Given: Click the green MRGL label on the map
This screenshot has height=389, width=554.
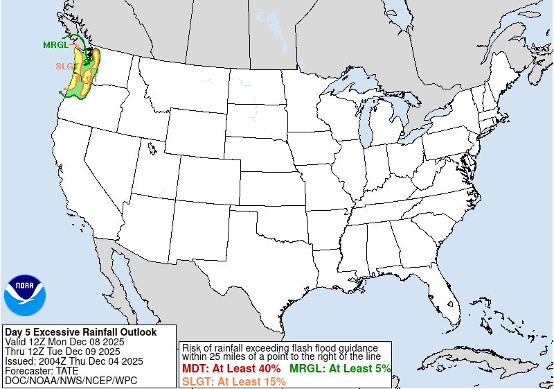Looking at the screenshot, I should [x=55, y=45].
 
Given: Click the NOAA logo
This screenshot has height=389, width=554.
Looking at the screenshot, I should [x=24, y=295].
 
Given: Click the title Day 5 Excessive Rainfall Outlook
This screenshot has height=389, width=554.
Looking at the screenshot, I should [x=80, y=332].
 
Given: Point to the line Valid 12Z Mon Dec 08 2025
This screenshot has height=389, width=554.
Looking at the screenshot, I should [x=64, y=342].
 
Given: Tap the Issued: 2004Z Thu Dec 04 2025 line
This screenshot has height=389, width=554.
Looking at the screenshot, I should [x=73, y=361].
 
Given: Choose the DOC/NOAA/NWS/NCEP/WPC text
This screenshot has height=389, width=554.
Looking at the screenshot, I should [x=71, y=381].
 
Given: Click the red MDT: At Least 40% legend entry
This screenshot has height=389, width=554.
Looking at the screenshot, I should [x=231, y=369].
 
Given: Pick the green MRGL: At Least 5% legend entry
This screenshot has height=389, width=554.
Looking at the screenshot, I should [x=340, y=369].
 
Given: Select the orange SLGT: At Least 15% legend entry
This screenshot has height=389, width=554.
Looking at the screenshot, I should [x=234, y=381].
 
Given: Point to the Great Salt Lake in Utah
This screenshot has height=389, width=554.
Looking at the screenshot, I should [x=150, y=147].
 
